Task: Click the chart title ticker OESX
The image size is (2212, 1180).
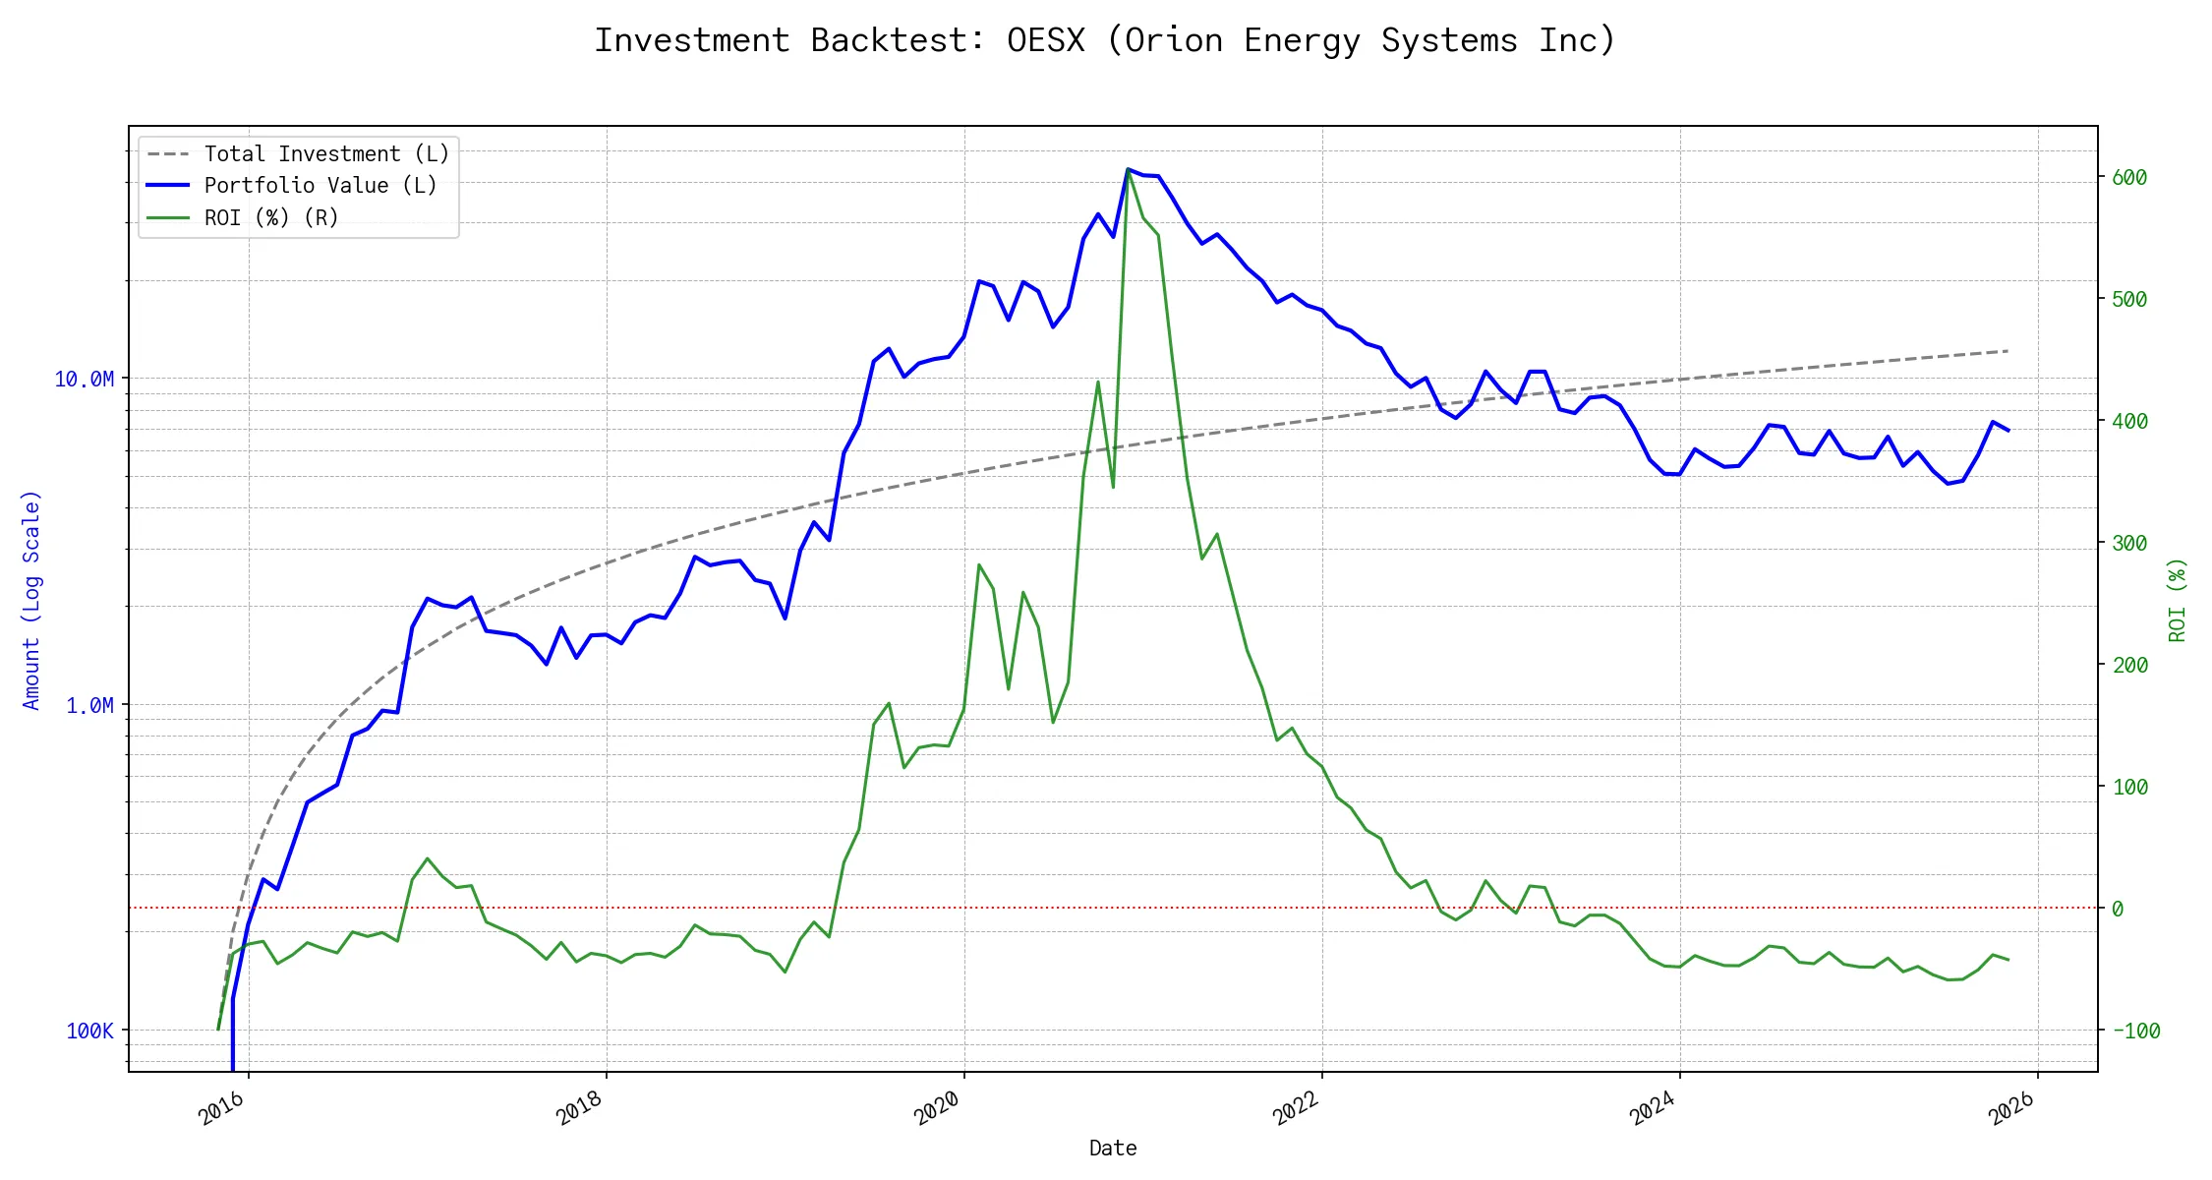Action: point(1046,40)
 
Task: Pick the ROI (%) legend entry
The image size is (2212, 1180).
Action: point(270,217)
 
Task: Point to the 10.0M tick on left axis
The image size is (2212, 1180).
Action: point(84,380)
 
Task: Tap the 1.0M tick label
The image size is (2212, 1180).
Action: point(89,706)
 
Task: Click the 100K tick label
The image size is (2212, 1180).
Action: point(89,1032)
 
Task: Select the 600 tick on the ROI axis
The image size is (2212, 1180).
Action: point(2129,178)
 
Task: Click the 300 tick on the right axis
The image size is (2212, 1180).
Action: point(2129,544)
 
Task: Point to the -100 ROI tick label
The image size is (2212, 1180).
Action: point(2135,1032)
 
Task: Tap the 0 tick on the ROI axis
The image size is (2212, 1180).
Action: point(2118,910)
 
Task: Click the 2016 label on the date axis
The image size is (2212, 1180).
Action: point(222,1108)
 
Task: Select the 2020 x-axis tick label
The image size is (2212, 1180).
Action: point(937,1108)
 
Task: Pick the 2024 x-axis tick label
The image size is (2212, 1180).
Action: point(1653,1108)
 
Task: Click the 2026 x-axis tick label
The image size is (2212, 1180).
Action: point(2011,1108)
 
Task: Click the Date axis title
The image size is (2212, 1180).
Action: point(1113,1149)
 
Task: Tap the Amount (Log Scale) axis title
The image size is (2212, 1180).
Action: point(31,600)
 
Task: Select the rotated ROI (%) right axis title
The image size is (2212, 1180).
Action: point(2178,600)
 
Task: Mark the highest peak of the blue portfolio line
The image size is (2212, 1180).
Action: point(1128,169)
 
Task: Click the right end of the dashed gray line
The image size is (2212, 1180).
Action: point(2008,351)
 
